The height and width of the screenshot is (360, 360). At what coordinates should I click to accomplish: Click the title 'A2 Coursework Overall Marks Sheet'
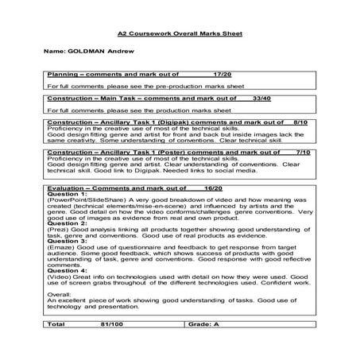click(180, 35)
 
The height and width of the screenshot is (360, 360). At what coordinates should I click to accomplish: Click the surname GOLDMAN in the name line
click(89, 52)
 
